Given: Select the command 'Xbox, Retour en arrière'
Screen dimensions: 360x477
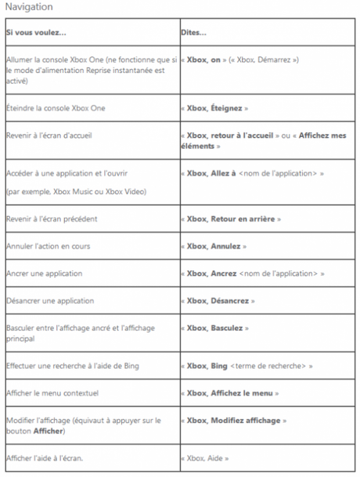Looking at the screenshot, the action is click(231, 219).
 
